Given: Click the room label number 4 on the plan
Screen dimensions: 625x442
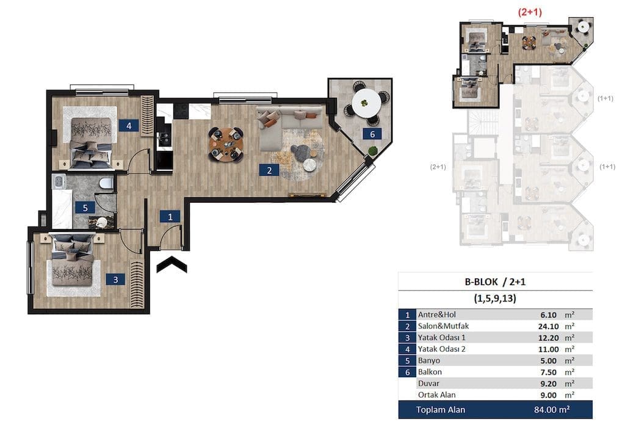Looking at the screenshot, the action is (129, 126).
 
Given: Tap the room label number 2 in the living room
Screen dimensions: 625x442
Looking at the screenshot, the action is (269, 170).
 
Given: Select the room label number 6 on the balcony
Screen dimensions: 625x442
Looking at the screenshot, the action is (372, 134).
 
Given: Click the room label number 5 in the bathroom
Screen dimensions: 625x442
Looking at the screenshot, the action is (85, 208).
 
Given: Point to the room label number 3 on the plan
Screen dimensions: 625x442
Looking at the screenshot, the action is (115, 280).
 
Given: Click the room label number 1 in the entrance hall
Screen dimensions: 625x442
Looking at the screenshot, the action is (170, 216).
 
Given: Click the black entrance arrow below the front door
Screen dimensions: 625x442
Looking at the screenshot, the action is (172, 264).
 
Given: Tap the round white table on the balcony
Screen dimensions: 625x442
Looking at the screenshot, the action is (366, 103).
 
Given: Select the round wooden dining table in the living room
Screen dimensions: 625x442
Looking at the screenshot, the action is (226, 144).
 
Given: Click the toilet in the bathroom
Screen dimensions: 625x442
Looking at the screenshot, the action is (106, 183).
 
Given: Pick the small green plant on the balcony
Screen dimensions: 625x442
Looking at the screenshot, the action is (373, 151).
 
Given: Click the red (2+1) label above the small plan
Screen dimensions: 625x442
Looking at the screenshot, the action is (530, 12).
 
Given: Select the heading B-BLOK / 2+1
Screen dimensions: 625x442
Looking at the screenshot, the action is (495, 282).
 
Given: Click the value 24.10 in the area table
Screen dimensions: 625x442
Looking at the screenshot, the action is (549, 327).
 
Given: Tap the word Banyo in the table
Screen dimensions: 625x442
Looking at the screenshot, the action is (429, 361).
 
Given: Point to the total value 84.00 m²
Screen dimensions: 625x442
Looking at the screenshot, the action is (552, 410).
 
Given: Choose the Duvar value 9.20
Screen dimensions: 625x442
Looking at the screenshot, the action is (549, 384).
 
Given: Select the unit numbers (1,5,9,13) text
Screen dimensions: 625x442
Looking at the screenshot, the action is (495, 299).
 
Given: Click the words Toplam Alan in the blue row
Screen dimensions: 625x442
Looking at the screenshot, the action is (441, 410).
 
